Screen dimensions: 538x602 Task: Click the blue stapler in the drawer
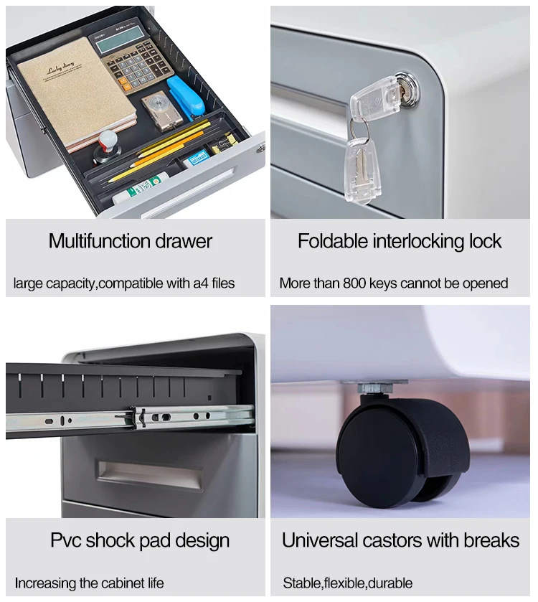point(185,97)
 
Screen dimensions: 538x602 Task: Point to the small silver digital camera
point(162,112)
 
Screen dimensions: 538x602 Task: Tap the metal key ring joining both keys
point(361,129)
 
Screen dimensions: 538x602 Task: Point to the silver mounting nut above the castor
point(375,388)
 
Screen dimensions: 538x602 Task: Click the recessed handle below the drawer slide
point(150,475)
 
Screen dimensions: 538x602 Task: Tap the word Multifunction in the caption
point(100,242)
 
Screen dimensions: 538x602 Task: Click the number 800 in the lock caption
point(354,283)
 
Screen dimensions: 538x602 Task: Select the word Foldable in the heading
point(333,242)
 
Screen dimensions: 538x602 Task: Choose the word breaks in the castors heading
point(491,540)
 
